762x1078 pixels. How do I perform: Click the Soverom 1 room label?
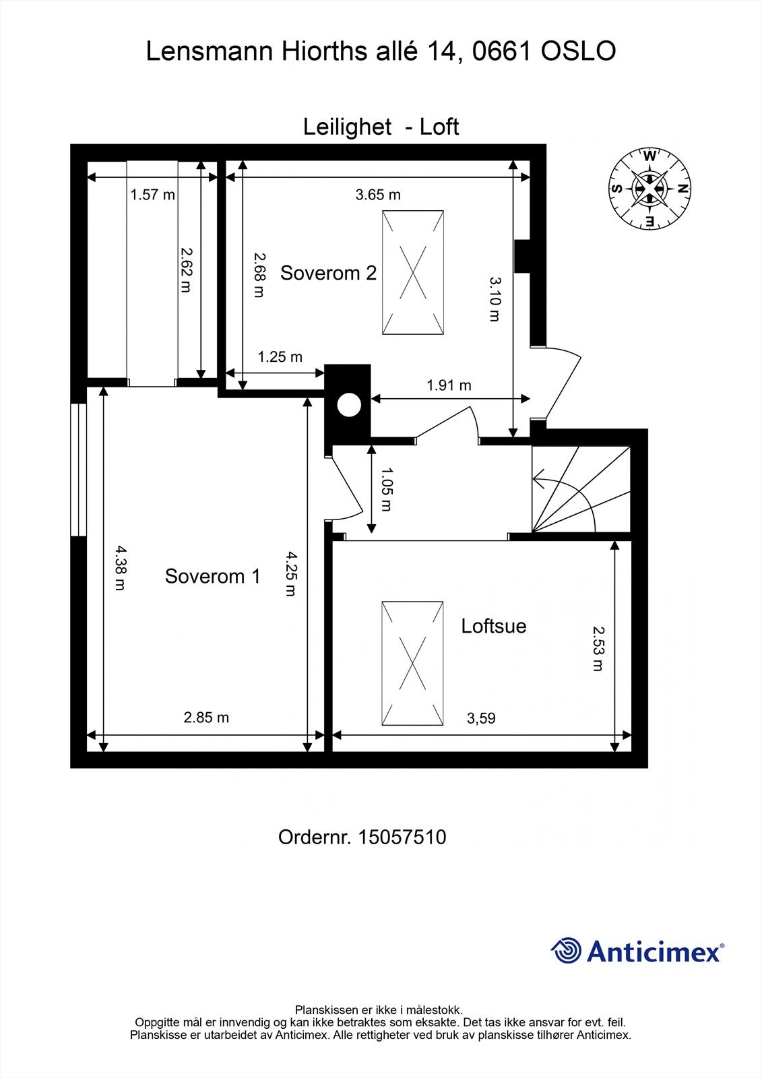coord(212,576)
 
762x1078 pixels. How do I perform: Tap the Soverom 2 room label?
coord(328,273)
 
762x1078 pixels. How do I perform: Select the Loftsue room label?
coord(493,626)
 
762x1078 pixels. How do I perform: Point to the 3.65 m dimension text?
coord(378,195)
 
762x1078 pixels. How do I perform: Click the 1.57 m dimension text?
coord(152,195)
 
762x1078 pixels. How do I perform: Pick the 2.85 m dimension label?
coord(206,718)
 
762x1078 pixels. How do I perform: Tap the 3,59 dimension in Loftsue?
coord(481,718)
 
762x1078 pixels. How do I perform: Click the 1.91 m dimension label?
coord(449,385)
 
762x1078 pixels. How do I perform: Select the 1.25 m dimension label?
coord(280,356)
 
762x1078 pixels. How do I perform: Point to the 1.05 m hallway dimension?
coord(387,489)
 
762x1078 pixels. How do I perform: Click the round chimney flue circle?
coord(349,405)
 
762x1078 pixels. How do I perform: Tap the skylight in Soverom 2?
coord(413,272)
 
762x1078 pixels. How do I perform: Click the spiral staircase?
coord(581,489)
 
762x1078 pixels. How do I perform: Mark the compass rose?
coord(649,189)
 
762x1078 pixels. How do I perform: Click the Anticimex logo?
coord(637,951)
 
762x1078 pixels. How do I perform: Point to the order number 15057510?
coord(402,837)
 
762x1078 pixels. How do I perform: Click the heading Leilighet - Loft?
coord(381,127)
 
